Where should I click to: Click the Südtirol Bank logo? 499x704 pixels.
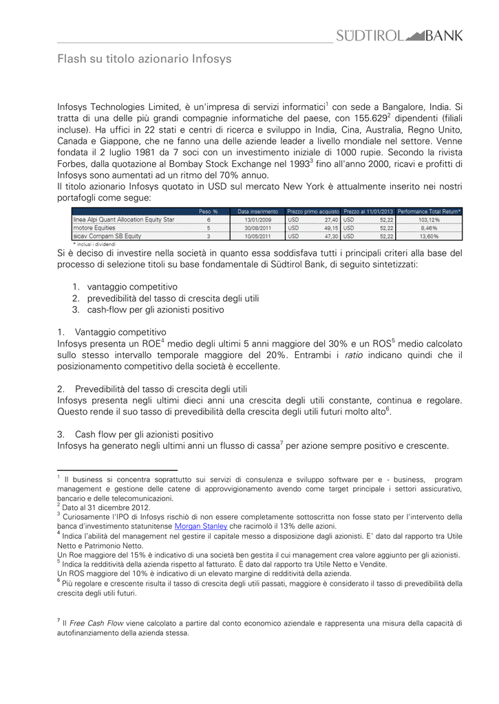tap(399, 36)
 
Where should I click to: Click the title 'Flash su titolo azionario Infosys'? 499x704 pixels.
tap(144, 59)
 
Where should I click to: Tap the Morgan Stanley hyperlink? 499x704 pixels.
tap(201, 526)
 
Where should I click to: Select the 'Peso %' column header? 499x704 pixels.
tap(209, 211)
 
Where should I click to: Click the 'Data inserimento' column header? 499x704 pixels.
tap(258, 211)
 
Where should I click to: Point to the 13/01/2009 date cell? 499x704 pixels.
tap(258, 219)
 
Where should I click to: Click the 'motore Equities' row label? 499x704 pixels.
tap(94, 228)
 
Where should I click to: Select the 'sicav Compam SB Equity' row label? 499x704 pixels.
tap(107, 236)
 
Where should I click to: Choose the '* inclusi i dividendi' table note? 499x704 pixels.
tap(94, 243)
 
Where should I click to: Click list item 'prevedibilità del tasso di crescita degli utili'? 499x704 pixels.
tap(173, 298)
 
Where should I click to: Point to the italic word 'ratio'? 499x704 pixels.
tap(353, 355)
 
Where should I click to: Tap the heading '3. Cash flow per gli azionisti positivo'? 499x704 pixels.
tap(135, 434)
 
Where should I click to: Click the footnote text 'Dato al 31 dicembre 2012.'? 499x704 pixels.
tap(105, 507)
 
